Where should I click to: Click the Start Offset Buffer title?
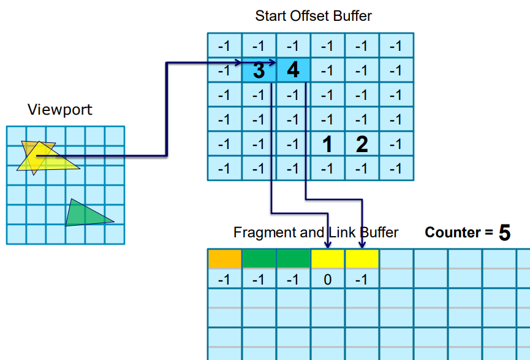(x=313, y=16)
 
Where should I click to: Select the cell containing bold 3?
(x=259, y=70)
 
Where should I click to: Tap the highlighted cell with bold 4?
(x=293, y=70)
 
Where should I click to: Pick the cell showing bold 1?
(x=328, y=144)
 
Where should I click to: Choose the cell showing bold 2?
(x=362, y=144)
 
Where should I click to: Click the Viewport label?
(x=60, y=110)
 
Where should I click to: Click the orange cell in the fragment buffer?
(x=225, y=259)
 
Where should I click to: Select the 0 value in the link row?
(x=328, y=280)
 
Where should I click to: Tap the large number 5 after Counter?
(x=504, y=233)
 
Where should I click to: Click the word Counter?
(x=453, y=232)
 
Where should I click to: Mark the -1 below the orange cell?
(x=224, y=280)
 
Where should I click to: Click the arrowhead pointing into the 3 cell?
(x=238, y=63)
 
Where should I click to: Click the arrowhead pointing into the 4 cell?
(x=273, y=63)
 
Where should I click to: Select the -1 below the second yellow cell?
(x=362, y=280)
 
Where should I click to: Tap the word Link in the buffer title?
(x=342, y=232)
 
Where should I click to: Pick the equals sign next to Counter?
(x=489, y=232)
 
